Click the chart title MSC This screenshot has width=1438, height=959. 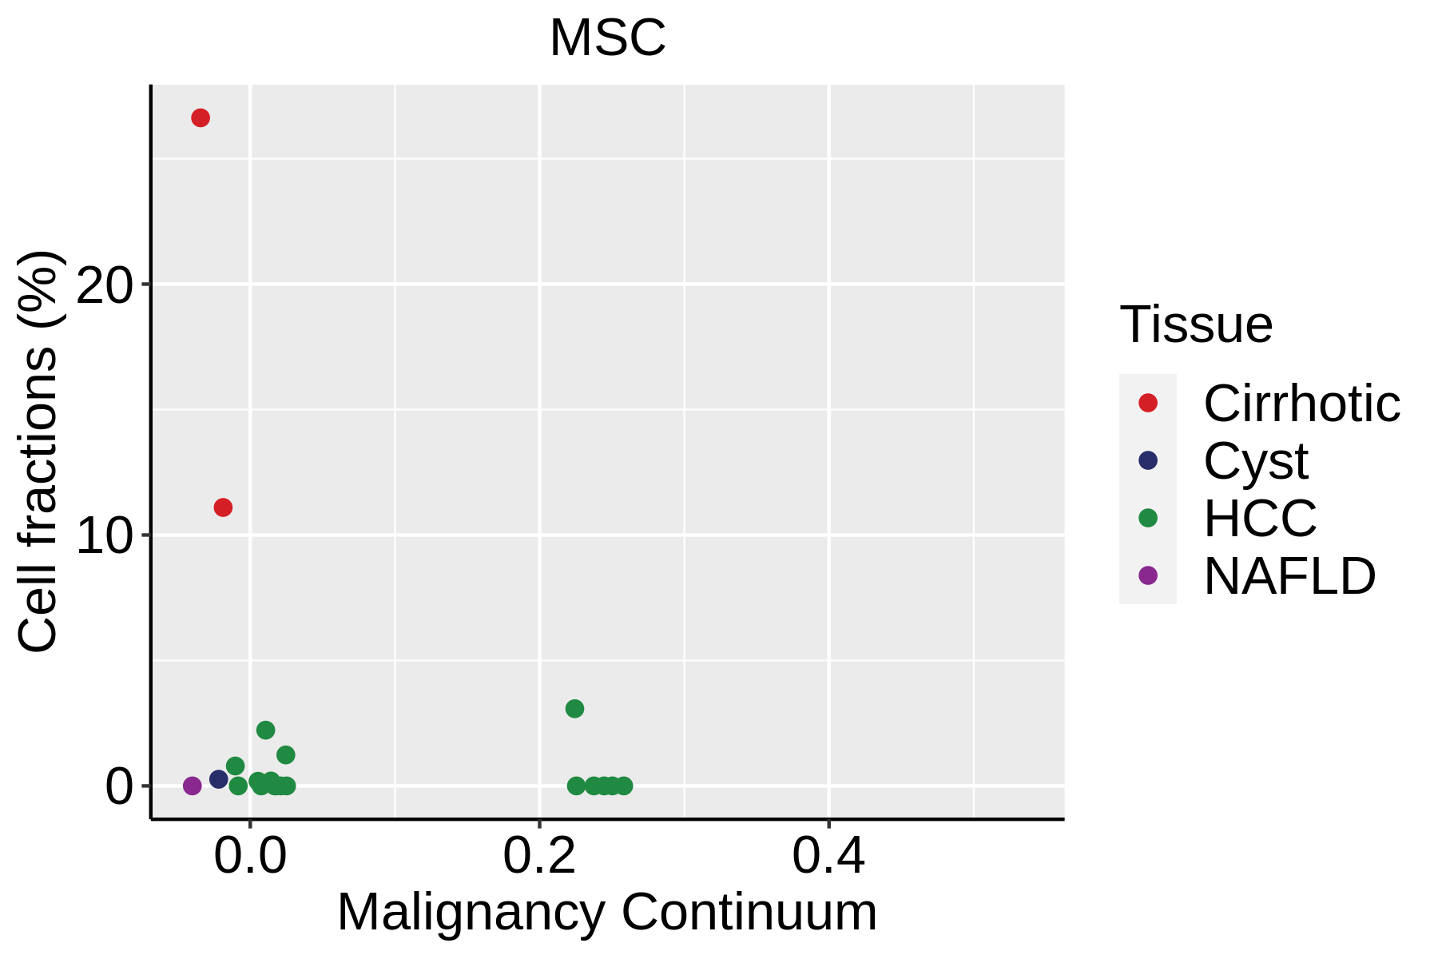pyautogui.click(x=607, y=38)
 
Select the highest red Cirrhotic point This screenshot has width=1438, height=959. pyautogui.click(x=201, y=118)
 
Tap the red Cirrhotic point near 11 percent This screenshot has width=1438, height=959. pyautogui.click(x=223, y=507)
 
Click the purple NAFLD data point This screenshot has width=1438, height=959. pyautogui.click(x=193, y=786)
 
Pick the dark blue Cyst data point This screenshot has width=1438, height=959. pyautogui.click(x=219, y=779)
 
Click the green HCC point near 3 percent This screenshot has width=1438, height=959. pyautogui.click(x=574, y=709)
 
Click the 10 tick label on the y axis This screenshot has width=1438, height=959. pyautogui.click(x=104, y=535)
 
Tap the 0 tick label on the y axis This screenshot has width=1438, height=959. pyautogui.click(x=118, y=786)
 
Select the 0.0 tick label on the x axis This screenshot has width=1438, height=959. pyautogui.click(x=250, y=858)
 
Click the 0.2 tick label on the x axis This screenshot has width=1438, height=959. pyautogui.click(x=539, y=858)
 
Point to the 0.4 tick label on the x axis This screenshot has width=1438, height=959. pyautogui.click(x=828, y=858)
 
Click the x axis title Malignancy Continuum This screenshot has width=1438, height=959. pyautogui.click(x=607, y=913)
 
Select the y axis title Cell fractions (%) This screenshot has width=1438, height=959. pyautogui.click(x=38, y=452)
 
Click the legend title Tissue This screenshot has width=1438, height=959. pyautogui.click(x=1196, y=324)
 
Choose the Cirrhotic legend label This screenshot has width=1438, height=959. pyautogui.click(x=1301, y=404)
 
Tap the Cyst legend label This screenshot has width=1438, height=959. pyautogui.click(x=1256, y=461)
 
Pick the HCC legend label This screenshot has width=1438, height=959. pyautogui.click(x=1260, y=519)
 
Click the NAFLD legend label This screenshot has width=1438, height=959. pyautogui.click(x=1289, y=576)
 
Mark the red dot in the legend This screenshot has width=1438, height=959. pyautogui.click(x=1148, y=403)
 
